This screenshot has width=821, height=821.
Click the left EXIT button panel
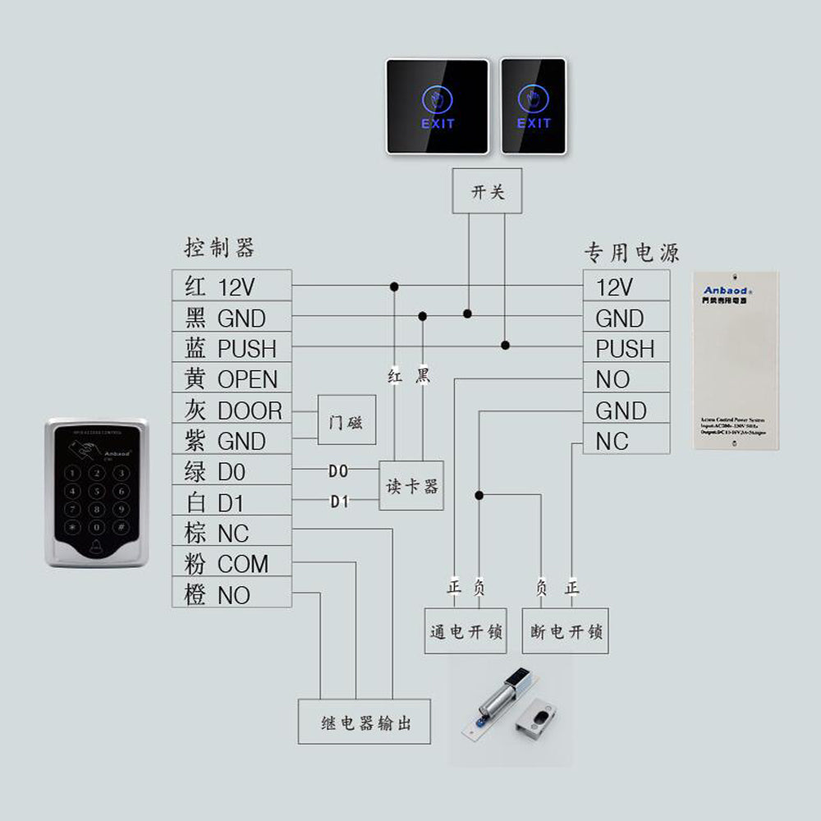438,106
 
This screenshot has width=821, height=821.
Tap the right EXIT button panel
534,106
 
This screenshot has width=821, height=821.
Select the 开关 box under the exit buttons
487,192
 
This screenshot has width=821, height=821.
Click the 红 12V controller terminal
232,287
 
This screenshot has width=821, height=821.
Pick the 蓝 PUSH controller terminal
232,348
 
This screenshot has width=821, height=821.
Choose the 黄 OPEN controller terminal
232,379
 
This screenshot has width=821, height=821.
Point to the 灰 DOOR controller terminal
232,410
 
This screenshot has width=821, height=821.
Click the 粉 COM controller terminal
232,564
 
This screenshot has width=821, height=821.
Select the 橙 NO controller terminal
232,594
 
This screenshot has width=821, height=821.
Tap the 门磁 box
346,425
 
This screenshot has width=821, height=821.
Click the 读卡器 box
411,486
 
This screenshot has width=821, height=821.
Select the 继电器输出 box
365,722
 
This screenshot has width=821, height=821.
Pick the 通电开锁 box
466,631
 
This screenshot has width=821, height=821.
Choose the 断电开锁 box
566,631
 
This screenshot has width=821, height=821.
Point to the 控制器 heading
219,247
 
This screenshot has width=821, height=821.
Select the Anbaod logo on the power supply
724,290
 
